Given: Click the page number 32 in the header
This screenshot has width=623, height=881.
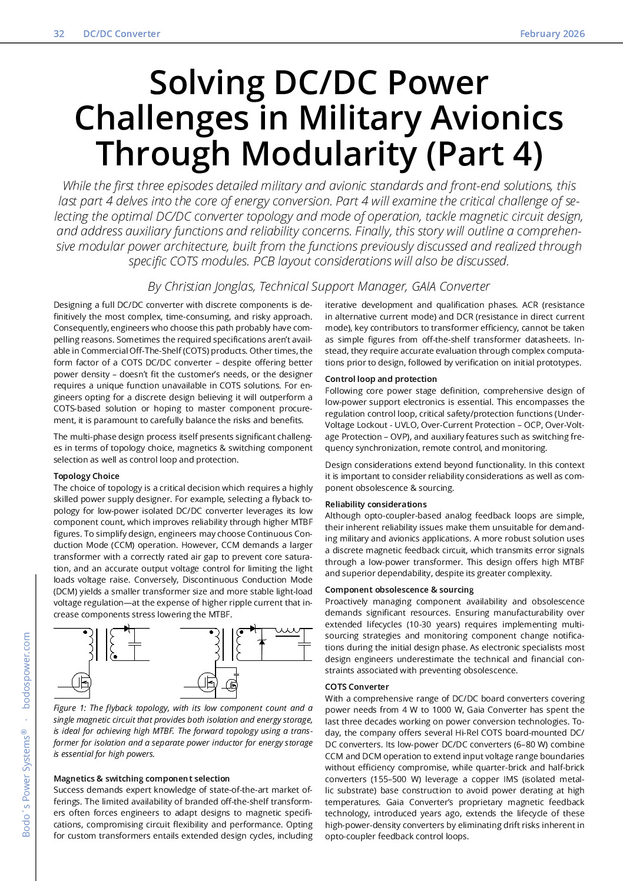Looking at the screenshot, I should click(59, 34).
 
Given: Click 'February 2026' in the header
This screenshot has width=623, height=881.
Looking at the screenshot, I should click(552, 34).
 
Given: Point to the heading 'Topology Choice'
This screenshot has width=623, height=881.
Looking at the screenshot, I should click(86, 476).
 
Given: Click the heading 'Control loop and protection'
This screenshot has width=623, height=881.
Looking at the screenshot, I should click(380, 379).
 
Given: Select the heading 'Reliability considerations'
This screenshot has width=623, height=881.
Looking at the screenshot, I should click(375, 504).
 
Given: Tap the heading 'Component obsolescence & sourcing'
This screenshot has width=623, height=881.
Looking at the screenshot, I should click(399, 590).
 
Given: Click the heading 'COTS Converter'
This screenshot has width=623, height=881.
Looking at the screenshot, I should click(357, 687).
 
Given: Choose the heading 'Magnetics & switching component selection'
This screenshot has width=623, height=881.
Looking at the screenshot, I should click(141, 779).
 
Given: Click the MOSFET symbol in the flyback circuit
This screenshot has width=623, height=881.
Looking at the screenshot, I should click(82, 682).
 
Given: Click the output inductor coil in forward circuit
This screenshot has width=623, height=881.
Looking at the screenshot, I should click(287, 631).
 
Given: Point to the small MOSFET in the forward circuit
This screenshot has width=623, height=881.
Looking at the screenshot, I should click(232, 684).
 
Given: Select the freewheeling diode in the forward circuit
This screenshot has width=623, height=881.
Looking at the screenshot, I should click(262, 641).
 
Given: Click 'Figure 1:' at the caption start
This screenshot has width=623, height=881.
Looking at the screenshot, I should click(69, 708).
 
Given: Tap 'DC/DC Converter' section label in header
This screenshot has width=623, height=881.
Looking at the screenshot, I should click(121, 34).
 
